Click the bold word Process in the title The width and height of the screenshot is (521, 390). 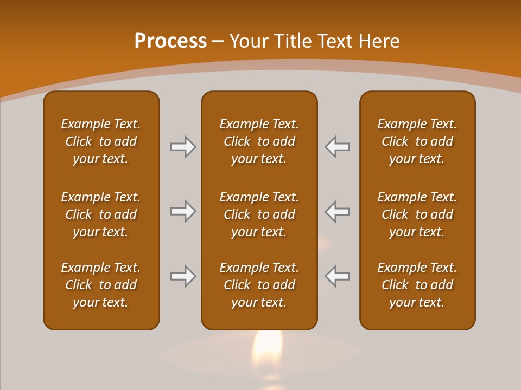tap(170, 41)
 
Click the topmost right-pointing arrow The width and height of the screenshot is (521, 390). tap(183, 147)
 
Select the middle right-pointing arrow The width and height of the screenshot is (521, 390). tap(183, 211)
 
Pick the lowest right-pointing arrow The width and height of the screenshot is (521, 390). tap(183, 276)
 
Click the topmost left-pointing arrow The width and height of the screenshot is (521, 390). tap(337, 147)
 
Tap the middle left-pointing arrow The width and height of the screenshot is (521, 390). tap(337, 211)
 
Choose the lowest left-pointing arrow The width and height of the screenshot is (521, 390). tap(337, 276)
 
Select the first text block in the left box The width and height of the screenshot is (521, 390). tap(101, 141)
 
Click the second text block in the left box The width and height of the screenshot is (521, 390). tap(101, 214)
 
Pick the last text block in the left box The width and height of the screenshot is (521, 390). tap(101, 285)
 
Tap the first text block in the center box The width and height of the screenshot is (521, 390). tap(259, 141)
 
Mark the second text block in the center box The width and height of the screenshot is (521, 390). tap(259, 214)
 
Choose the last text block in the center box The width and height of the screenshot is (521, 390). tap(259, 285)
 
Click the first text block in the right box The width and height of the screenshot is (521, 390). tap(417, 141)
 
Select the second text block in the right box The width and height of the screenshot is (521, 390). tap(417, 214)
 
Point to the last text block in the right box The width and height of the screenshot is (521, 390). tap(417, 285)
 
